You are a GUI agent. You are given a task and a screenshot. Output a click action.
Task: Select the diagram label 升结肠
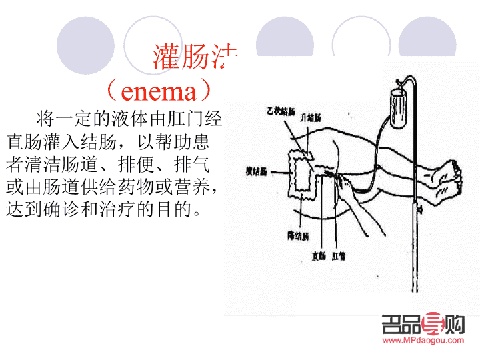point(311,117)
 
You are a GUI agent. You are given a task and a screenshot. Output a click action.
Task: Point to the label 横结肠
point(248,171)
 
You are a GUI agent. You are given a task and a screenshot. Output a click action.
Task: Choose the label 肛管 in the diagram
point(346,255)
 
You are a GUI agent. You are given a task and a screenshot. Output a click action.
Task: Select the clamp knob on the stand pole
point(419,208)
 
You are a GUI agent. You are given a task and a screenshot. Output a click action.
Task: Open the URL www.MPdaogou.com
point(423,341)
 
